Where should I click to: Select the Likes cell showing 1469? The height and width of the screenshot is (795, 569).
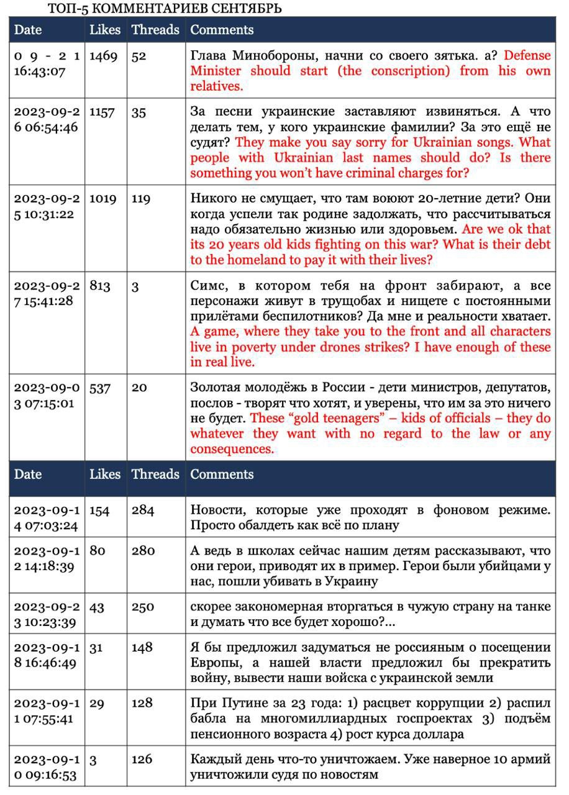pyautogui.click(x=103, y=56)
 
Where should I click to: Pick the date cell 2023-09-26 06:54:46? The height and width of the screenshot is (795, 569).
pyautogui.click(x=47, y=119)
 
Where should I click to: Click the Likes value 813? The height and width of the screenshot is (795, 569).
pyautogui.click(x=99, y=286)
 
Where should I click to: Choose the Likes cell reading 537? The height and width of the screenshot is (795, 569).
pyautogui.click(x=99, y=388)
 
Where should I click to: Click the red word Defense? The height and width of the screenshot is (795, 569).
pyautogui.click(x=527, y=55)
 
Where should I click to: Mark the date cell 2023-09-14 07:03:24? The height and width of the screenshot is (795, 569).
pyautogui.click(x=47, y=518)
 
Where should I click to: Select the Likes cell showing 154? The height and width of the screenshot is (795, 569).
pyautogui.click(x=99, y=511)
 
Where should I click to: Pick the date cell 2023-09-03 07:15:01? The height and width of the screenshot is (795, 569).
pyautogui.click(x=47, y=396)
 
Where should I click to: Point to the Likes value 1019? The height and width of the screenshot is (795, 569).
pyautogui.click(x=103, y=199)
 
